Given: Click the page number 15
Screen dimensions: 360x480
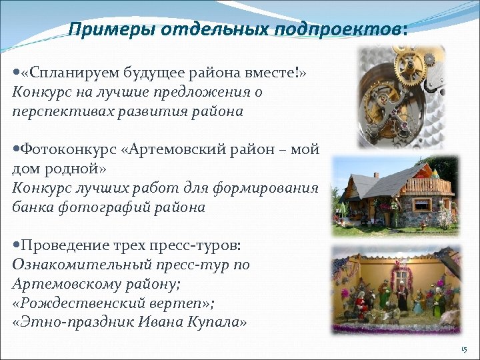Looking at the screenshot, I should [x=464, y=350].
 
